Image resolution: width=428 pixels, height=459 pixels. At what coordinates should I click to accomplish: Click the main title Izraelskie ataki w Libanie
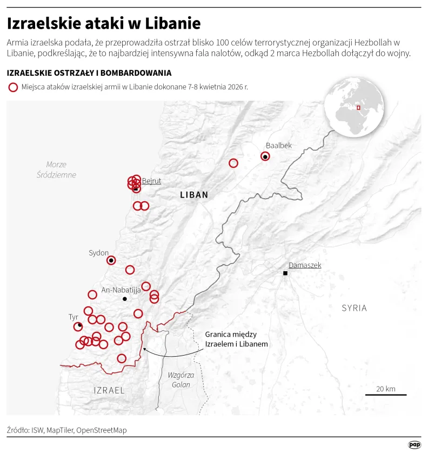[x=104, y=23]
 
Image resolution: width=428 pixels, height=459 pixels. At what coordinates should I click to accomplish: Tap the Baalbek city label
[x=278, y=145]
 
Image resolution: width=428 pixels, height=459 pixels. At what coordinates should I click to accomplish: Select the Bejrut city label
[x=151, y=181]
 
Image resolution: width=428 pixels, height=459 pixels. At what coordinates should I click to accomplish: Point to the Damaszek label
[x=305, y=265]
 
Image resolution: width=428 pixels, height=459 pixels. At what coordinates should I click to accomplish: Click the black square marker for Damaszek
[x=285, y=273]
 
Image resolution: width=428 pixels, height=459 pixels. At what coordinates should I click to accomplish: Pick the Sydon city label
[x=99, y=253]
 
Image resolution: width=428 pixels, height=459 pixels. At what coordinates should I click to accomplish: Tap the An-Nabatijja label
[x=121, y=290]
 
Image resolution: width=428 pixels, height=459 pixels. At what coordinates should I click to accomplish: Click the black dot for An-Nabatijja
[x=125, y=299]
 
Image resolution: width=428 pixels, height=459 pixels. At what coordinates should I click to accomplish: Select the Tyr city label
[x=73, y=316]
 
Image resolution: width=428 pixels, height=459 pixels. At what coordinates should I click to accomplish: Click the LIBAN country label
[x=193, y=195]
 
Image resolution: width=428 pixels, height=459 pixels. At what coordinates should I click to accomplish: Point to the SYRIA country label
[x=354, y=308]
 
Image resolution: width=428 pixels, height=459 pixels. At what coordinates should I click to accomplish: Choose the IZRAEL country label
[x=109, y=390]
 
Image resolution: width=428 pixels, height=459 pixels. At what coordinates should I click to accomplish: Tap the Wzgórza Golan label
[x=181, y=379]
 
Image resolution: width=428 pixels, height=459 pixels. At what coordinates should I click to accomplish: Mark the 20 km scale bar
[x=386, y=394]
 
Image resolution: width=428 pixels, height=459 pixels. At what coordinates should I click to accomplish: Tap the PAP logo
[x=414, y=444]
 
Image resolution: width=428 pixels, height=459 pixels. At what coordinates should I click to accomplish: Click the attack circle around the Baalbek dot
[x=265, y=156]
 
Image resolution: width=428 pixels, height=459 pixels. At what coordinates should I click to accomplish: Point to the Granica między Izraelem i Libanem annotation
[x=236, y=339]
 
